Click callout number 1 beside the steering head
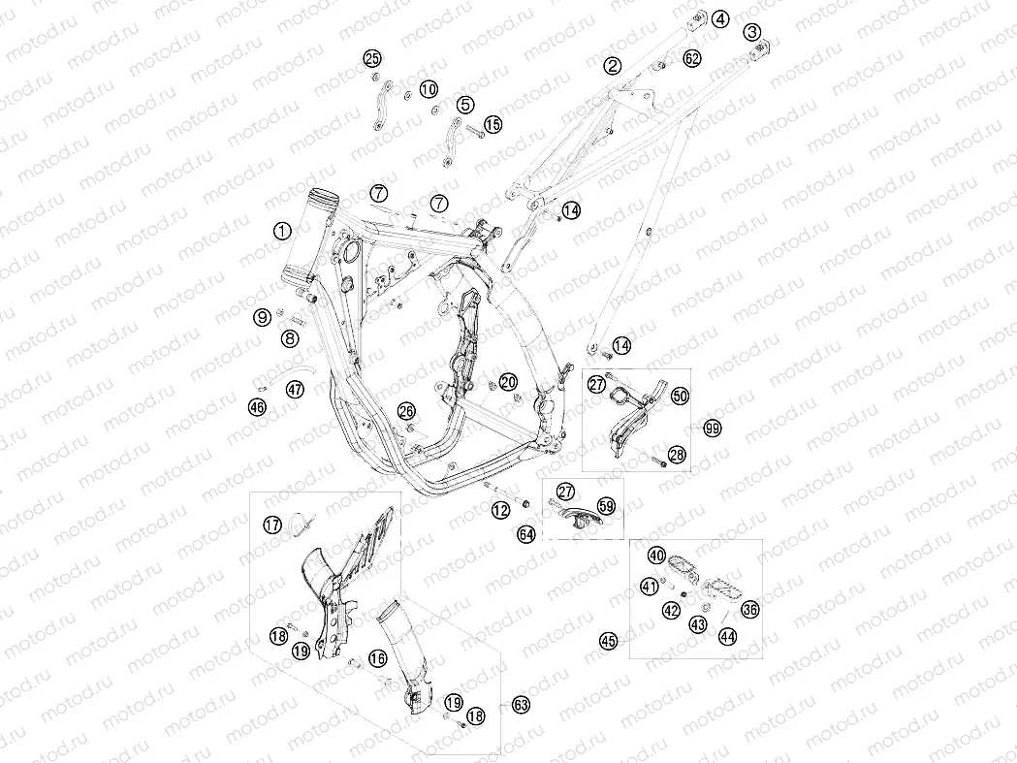point(282,231)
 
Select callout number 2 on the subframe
point(613,65)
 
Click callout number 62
point(692,58)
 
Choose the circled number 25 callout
point(371,59)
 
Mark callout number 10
point(429,89)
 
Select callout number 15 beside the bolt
point(493,124)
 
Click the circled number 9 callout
point(262,317)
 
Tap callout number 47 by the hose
point(295,390)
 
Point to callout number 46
point(257,407)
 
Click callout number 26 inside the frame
point(406,411)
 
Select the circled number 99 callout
point(713,429)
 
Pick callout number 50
point(679,396)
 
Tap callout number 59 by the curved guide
point(606,505)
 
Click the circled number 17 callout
point(272,525)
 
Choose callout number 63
point(521,705)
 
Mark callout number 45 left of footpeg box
point(608,642)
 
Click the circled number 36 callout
point(749,609)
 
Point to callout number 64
point(526,534)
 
